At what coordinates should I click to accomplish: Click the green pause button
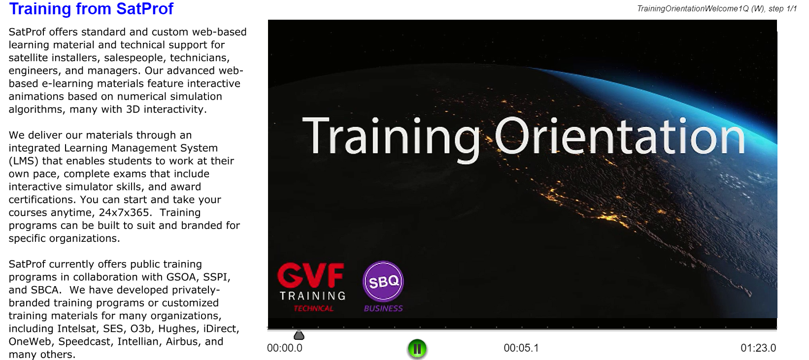pyautogui.click(x=417, y=349)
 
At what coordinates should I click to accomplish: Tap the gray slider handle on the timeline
pyautogui.click(x=299, y=335)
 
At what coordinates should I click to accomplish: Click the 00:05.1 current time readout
pyautogui.click(x=521, y=348)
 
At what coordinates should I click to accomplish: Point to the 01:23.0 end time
pyautogui.click(x=758, y=348)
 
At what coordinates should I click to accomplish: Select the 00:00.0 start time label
pyautogui.click(x=285, y=348)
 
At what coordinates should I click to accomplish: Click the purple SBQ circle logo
pyautogui.click(x=383, y=281)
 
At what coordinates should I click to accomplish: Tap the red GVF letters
pyautogui.click(x=311, y=275)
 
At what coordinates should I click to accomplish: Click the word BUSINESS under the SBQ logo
pyautogui.click(x=383, y=308)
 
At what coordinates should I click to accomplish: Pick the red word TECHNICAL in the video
pyautogui.click(x=313, y=308)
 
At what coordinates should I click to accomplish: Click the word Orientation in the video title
pyautogui.click(x=620, y=136)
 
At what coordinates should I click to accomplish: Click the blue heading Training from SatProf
pyautogui.click(x=91, y=9)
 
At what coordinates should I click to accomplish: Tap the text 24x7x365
pyautogui.click(x=124, y=212)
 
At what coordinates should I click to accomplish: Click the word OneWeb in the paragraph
pyautogui.click(x=30, y=342)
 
